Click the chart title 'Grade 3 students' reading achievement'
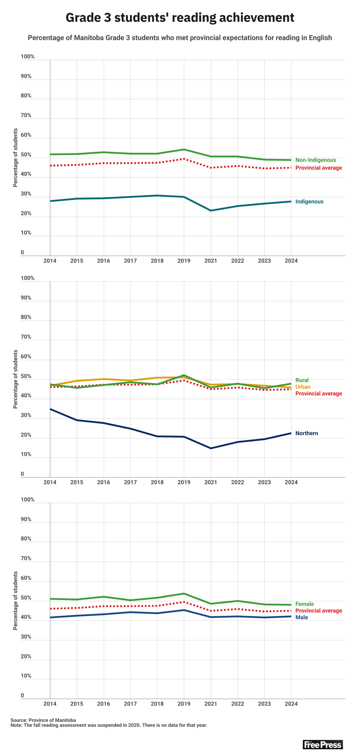(180, 18)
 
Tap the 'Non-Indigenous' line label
(315, 160)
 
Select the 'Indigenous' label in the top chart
(309, 202)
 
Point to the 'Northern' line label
(307, 433)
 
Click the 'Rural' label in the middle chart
(302, 380)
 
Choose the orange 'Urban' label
(303, 387)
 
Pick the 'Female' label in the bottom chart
(305, 604)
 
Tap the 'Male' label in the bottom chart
(302, 617)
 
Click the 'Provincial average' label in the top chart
(319, 168)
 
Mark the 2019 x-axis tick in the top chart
(184, 261)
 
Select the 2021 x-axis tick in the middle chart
(211, 482)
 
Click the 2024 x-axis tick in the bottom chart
(291, 704)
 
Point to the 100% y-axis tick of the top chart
(28, 57)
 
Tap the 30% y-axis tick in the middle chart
(26, 415)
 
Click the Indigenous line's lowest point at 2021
(211, 210)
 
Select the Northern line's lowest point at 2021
(211, 448)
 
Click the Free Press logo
(323, 744)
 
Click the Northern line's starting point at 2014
(50, 409)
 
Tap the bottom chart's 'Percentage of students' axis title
(15, 601)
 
